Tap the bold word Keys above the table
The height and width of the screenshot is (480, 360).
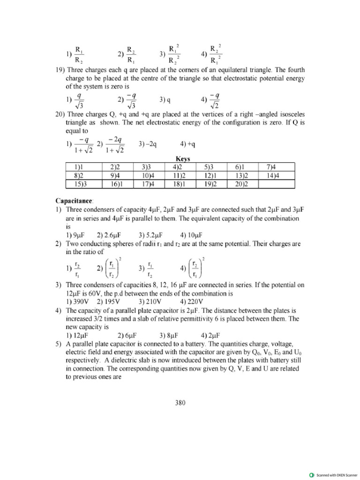[x=182, y=159]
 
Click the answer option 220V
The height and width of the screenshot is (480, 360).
[x=192, y=301]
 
